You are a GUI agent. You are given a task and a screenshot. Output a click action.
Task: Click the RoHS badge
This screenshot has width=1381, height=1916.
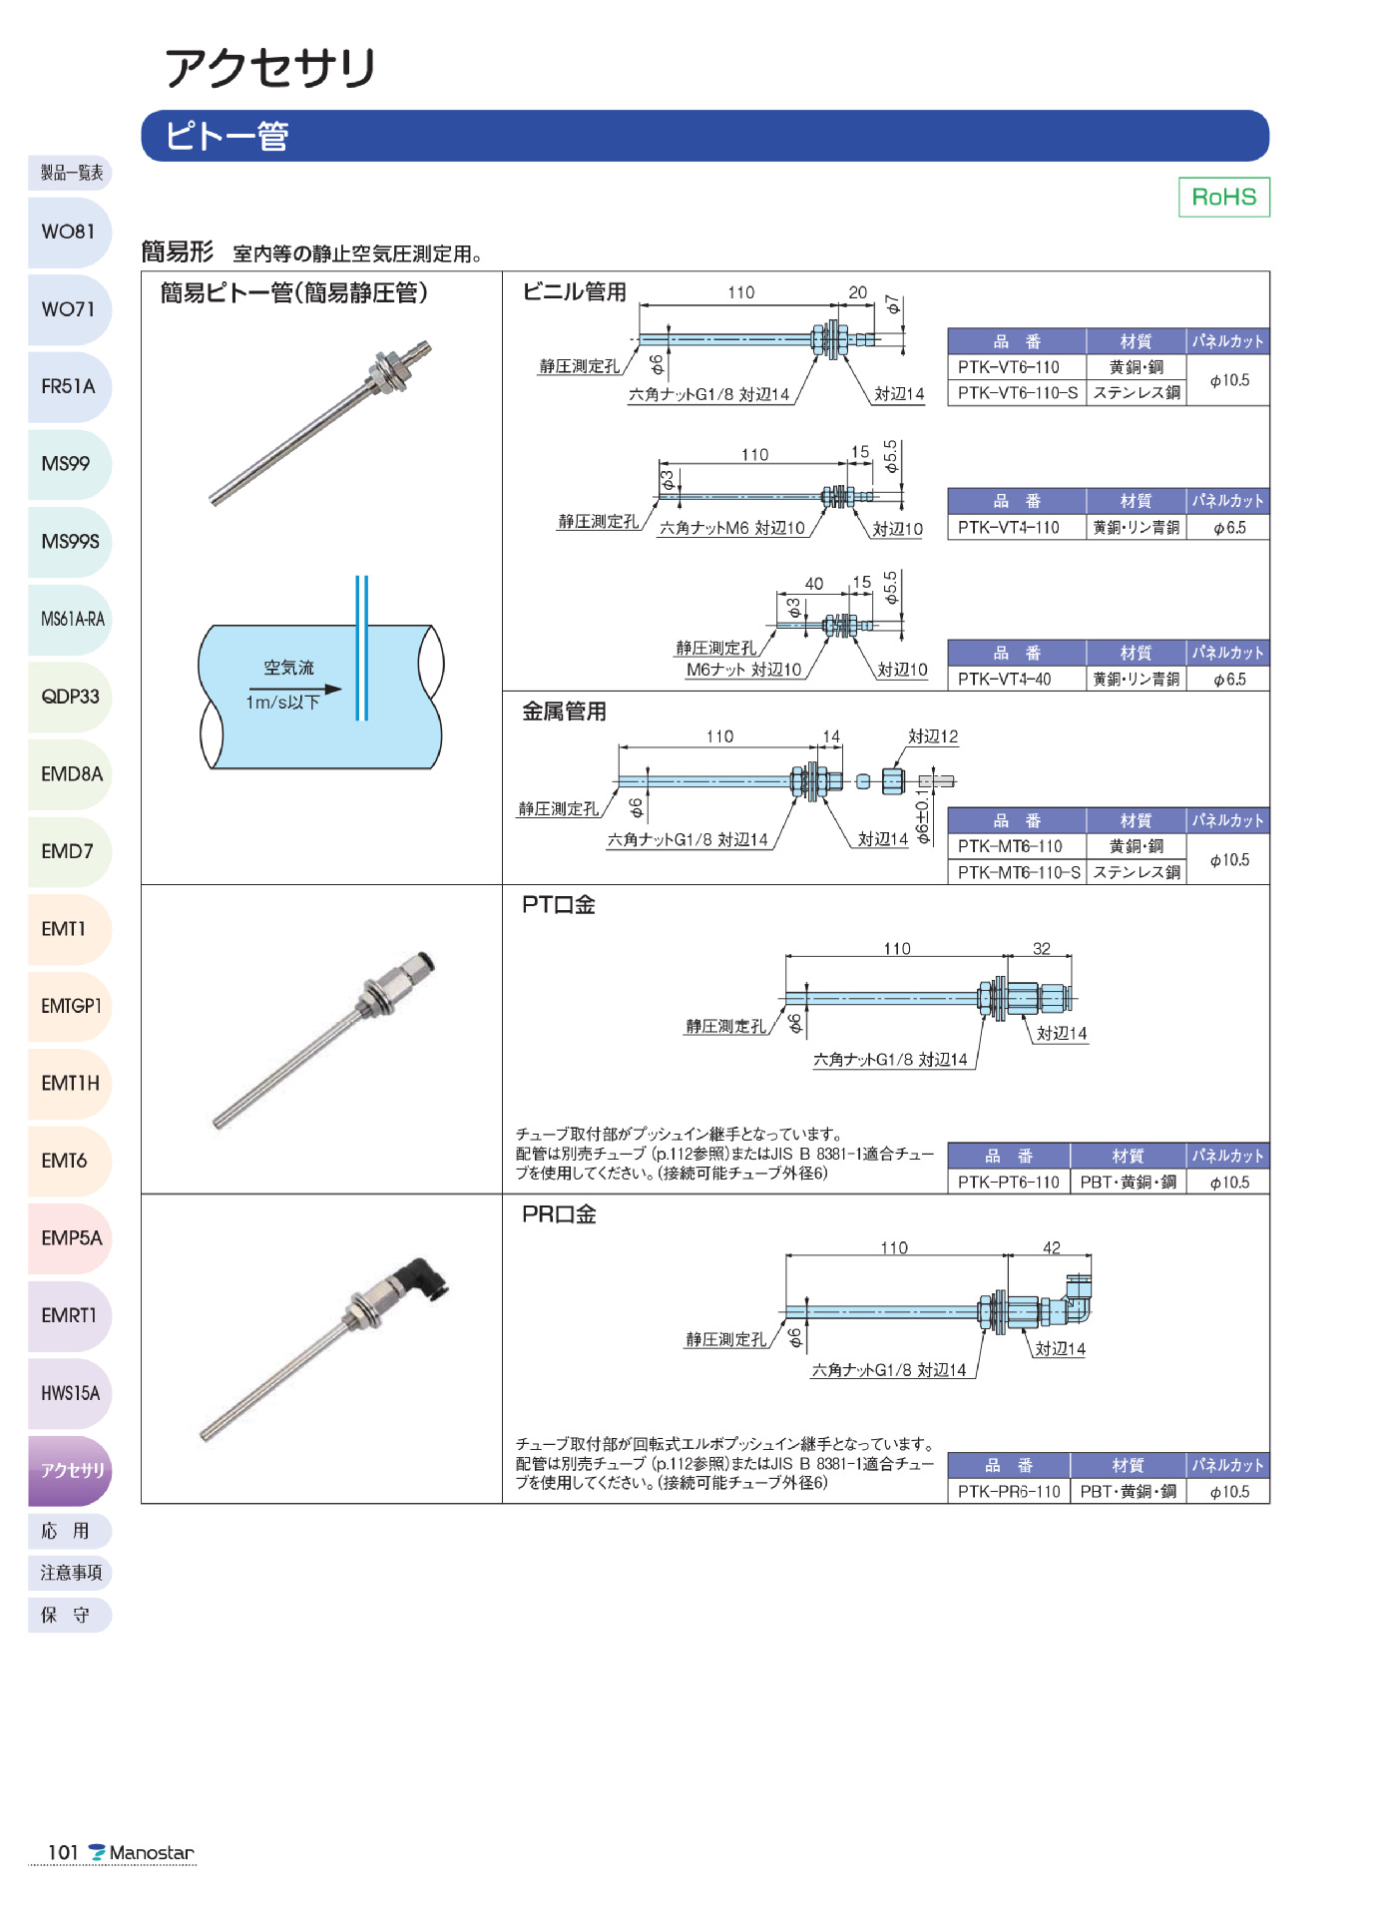coord(1223,197)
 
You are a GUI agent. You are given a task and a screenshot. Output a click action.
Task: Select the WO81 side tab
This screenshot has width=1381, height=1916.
coord(69,232)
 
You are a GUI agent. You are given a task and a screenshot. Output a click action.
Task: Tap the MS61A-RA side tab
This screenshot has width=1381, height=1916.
coord(71,619)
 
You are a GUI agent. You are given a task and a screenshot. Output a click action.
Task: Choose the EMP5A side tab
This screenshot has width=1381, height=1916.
coord(71,1237)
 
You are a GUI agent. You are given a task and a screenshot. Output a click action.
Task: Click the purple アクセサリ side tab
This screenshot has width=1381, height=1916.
coord(71,1470)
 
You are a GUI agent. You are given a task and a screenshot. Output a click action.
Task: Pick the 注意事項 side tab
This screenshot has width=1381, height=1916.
coord(71,1573)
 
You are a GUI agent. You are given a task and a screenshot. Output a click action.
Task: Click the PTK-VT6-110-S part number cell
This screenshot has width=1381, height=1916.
coord(1017,393)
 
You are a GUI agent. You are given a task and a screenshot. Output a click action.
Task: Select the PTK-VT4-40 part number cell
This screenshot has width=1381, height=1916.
coord(1004,680)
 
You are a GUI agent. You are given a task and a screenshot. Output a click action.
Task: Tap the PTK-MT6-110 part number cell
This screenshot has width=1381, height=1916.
coord(1010,846)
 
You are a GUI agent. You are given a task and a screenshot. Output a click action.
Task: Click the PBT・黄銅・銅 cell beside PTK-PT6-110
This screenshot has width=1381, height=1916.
coord(1128,1183)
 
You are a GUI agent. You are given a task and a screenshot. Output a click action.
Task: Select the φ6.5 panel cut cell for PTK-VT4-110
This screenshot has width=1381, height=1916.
coord(1228,528)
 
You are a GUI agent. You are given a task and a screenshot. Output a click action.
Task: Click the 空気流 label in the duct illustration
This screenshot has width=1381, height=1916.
coord(288,668)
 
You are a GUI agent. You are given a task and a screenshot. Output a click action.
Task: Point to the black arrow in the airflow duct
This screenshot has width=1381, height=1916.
coord(295,689)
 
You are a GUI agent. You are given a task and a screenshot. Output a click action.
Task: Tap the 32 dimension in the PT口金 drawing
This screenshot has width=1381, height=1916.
coord(1041,948)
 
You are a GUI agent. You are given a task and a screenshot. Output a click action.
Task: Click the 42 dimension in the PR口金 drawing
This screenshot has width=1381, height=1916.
coord(1051,1247)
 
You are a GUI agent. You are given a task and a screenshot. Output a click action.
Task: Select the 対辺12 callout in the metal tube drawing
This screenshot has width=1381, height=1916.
coord(932,736)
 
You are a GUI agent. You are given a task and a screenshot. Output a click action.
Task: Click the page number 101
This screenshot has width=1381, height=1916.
coord(62,1853)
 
